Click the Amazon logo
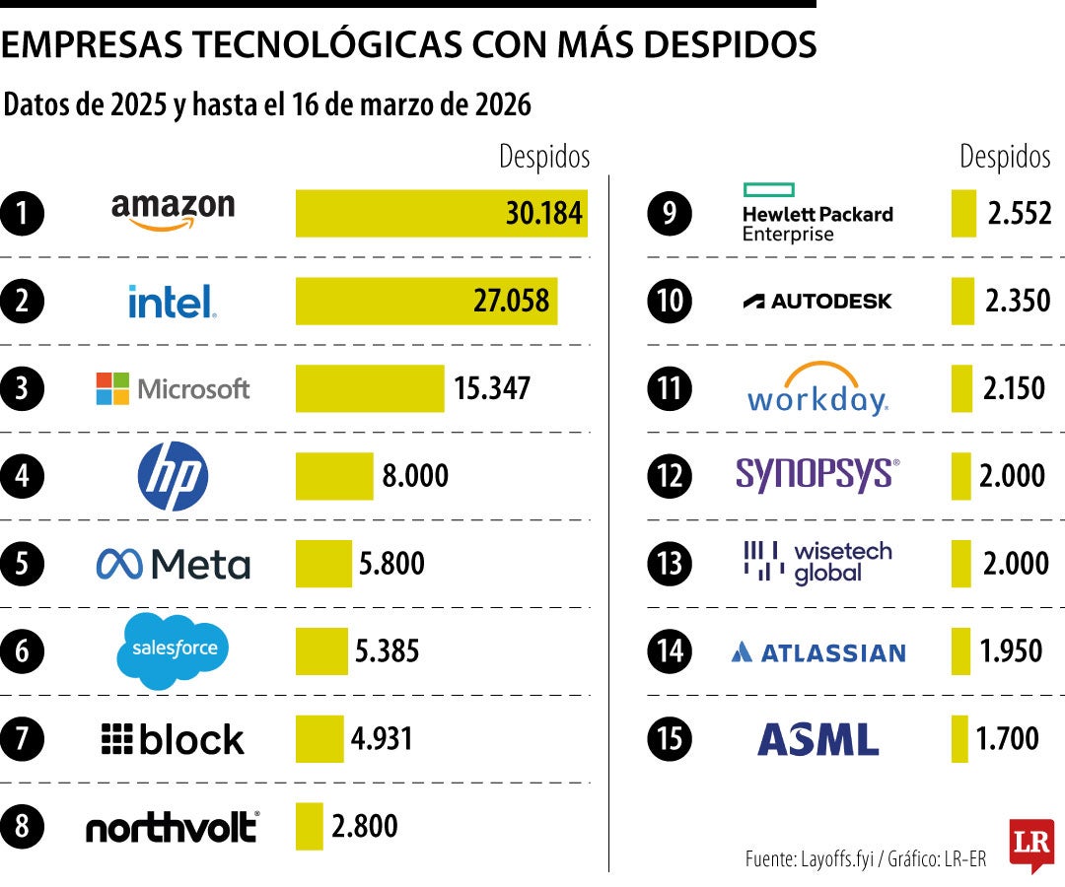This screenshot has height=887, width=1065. (173, 211)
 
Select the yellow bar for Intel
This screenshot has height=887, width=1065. (426, 301)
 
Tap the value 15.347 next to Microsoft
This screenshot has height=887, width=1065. (492, 388)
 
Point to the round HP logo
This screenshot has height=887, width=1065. (173, 476)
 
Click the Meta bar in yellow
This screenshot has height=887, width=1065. (323, 564)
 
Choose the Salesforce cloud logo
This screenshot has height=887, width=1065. (173, 650)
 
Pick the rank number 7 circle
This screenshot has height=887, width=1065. (23, 739)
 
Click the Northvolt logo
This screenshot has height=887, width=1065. (173, 827)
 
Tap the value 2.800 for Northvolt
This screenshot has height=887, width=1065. (365, 826)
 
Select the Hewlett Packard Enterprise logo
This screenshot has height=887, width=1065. (817, 213)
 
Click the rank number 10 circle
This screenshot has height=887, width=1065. (671, 301)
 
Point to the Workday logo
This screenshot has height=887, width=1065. (817, 389)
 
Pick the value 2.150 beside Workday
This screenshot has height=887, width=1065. (1014, 388)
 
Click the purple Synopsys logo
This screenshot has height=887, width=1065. (817, 475)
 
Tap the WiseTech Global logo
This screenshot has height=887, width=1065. (817, 563)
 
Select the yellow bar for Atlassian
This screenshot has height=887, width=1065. (960, 651)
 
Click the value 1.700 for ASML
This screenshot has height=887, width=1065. (1008, 738)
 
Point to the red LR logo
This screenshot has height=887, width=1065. (1031, 845)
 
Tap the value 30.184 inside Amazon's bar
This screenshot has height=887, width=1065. (543, 213)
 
